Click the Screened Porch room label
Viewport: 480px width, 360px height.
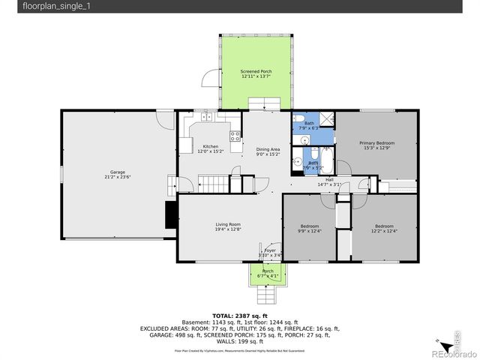pyautogui.click(x=256, y=71)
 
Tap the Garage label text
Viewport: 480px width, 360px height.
pyautogui.click(x=118, y=172)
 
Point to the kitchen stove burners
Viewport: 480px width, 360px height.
pyautogui.click(x=235, y=136)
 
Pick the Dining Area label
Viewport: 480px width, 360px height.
pyautogui.click(x=268, y=149)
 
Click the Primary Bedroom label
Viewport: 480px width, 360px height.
pyautogui.click(x=376, y=142)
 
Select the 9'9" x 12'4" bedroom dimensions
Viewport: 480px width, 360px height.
pyautogui.click(x=310, y=231)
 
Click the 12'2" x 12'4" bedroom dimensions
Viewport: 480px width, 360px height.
pyautogui.click(x=384, y=231)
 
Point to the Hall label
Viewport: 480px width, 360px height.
pyautogui.click(x=329, y=179)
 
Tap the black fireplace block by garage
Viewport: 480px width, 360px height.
pyautogui.click(x=171, y=214)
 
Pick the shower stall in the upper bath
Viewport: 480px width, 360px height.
pyautogui.click(x=327, y=118)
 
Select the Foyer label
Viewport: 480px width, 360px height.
pyautogui.click(x=269, y=250)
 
